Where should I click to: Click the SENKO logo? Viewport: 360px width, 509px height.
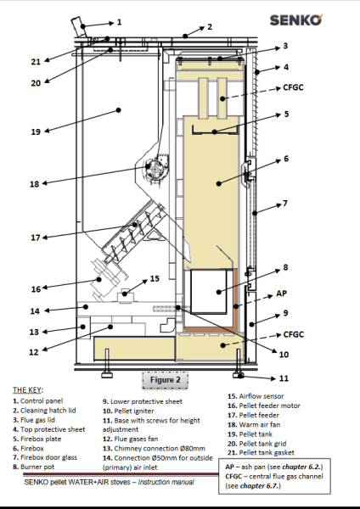click(296, 20)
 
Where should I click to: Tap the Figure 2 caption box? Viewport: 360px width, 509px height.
click(165, 380)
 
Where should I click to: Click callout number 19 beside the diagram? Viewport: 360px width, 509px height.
click(36, 131)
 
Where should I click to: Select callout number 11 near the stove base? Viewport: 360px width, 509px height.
click(284, 378)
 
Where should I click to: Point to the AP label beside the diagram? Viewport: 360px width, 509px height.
click(281, 294)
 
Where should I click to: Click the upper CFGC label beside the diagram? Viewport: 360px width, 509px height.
click(293, 87)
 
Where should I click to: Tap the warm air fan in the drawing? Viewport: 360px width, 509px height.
click(156, 166)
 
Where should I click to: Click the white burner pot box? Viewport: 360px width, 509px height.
click(208, 291)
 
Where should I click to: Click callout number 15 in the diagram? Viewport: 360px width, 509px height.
click(155, 279)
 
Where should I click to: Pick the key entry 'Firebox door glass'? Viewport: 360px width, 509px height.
click(45, 457)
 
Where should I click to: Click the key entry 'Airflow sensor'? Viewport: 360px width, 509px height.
click(256, 396)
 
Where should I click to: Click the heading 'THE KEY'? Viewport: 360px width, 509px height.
click(27, 390)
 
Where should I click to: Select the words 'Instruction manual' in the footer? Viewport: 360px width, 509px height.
click(166, 482)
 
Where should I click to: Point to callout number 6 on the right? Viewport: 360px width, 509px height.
click(286, 159)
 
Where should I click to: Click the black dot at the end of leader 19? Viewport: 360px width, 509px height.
click(119, 110)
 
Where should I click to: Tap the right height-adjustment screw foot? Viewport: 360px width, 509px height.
click(239, 375)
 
